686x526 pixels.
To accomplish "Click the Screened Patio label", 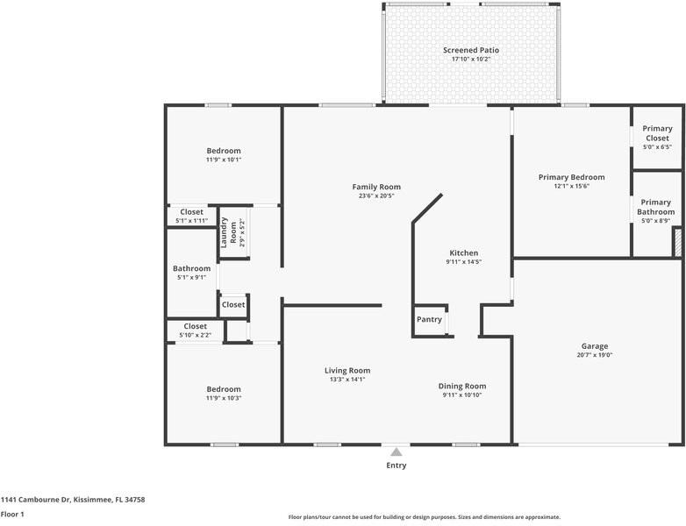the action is coord(471,50).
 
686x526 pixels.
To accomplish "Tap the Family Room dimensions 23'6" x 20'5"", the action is coord(376,195).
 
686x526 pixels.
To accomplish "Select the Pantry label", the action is coord(429,320).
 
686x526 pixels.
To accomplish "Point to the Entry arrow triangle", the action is coord(397,451).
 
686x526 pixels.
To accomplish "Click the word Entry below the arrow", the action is coord(396,466).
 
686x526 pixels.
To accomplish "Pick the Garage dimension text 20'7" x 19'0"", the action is coord(595,355).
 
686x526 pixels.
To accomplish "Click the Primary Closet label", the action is coord(657,133).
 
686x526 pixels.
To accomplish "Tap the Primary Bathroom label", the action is coord(656,207).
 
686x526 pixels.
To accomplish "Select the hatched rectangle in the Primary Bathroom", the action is coord(677,242).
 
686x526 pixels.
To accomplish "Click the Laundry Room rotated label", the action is coord(228,232).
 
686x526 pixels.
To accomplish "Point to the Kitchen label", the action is coord(464,253).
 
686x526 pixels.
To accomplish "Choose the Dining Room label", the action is coord(462,386).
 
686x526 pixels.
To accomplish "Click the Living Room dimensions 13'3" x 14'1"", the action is coord(347,380).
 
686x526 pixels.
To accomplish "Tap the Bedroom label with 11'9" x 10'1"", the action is coord(224,151).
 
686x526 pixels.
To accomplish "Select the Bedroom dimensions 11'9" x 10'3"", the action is coord(224,398).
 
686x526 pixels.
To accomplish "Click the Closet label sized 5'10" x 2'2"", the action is coord(195,327).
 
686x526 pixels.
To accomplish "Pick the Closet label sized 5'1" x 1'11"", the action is coord(191,212).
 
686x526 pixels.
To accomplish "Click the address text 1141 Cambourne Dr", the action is coord(35,500).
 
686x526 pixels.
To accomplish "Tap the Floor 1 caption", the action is coord(12,515).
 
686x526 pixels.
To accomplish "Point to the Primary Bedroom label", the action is coord(571,177).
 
